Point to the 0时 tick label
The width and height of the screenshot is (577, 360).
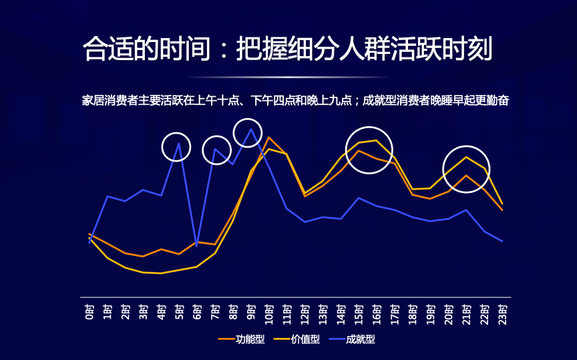pyautogui.click(x=90, y=312)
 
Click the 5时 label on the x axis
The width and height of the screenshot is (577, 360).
pyautogui.click(x=179, y=312)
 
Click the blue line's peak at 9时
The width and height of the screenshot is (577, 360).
pyautogui.click(x=251, y=129)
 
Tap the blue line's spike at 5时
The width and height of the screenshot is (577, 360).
pyautogui.click(x=178, y=143)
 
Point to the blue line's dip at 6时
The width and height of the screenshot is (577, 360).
pyautogui.click(x=196, y=246)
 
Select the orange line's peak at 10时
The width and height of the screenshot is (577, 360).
pyautogui.click(x=269, y=138)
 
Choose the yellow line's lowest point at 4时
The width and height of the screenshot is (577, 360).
pyautogui.click(x=161, y=273)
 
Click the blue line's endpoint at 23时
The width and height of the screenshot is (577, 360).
pyautogui.click(x=502, y=241)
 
